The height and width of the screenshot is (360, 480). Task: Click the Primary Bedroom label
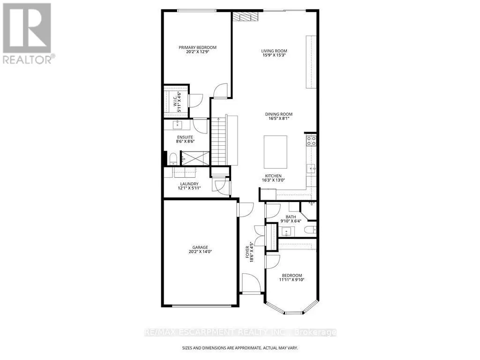[x=197, y=47]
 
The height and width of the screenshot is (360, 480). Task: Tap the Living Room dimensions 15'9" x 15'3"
[x=274, y=55]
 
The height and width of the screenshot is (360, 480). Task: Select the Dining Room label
[x=278, y=114]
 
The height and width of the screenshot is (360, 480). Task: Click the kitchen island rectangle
[x=276, y=152]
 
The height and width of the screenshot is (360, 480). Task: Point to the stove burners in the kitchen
[x=311, y=141]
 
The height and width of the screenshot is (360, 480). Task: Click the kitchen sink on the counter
[x=311, y=168]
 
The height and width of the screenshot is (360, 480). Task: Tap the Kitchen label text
[x=273, y=176]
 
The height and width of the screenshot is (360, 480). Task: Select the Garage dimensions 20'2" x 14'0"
[x=200, y=252]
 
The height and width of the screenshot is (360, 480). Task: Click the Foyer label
[x=248, y=252]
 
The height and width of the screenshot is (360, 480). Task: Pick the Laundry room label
[x=189, y=184]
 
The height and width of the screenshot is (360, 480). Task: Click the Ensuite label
[x=185, y=137]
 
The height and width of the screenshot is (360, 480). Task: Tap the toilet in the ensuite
[x=173, y=158]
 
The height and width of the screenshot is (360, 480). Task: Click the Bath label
[x=291, y=217]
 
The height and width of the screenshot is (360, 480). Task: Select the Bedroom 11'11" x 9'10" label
[x=292, y=277]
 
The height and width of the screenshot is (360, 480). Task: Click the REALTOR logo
[x=27, y=33]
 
